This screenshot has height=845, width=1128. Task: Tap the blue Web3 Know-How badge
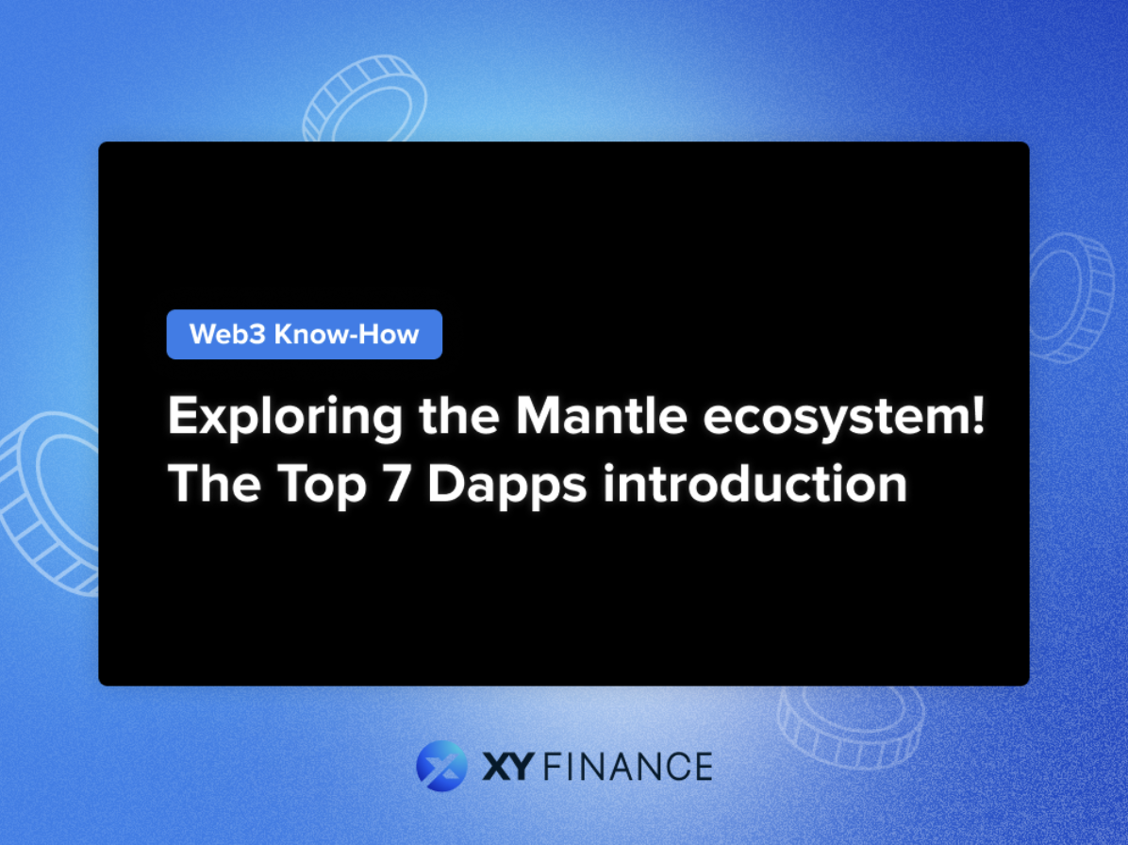[x=304, y=334]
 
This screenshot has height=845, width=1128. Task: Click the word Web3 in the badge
[x=226, y=334]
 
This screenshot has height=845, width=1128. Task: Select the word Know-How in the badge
[x=345, y=334]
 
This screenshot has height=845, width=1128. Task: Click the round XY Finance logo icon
[x=441, y=765]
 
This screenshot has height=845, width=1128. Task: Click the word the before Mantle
[x=458, y=416]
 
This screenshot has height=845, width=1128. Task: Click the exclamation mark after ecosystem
[x=976, y=416]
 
